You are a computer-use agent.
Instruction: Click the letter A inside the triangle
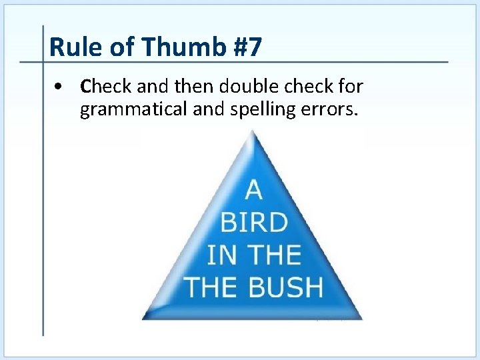(253, 191)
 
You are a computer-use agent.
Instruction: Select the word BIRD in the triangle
(253, 223)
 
